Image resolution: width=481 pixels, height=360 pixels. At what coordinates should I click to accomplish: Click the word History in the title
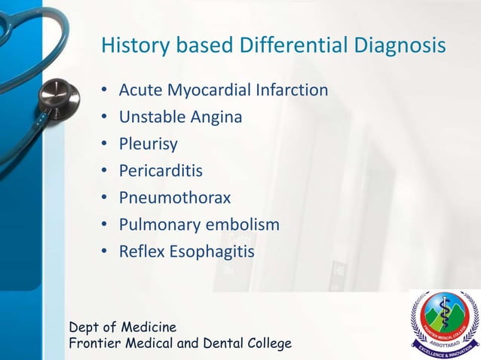(x=133, y=47)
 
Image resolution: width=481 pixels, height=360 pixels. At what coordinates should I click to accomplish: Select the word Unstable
(x=149, y=117)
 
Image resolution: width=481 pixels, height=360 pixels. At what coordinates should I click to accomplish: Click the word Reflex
(x=141, y=252)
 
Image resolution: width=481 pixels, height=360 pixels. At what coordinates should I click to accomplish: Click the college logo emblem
(x=445, y=322)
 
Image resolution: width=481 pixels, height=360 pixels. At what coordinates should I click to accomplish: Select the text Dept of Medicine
(x=123, y=328)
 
